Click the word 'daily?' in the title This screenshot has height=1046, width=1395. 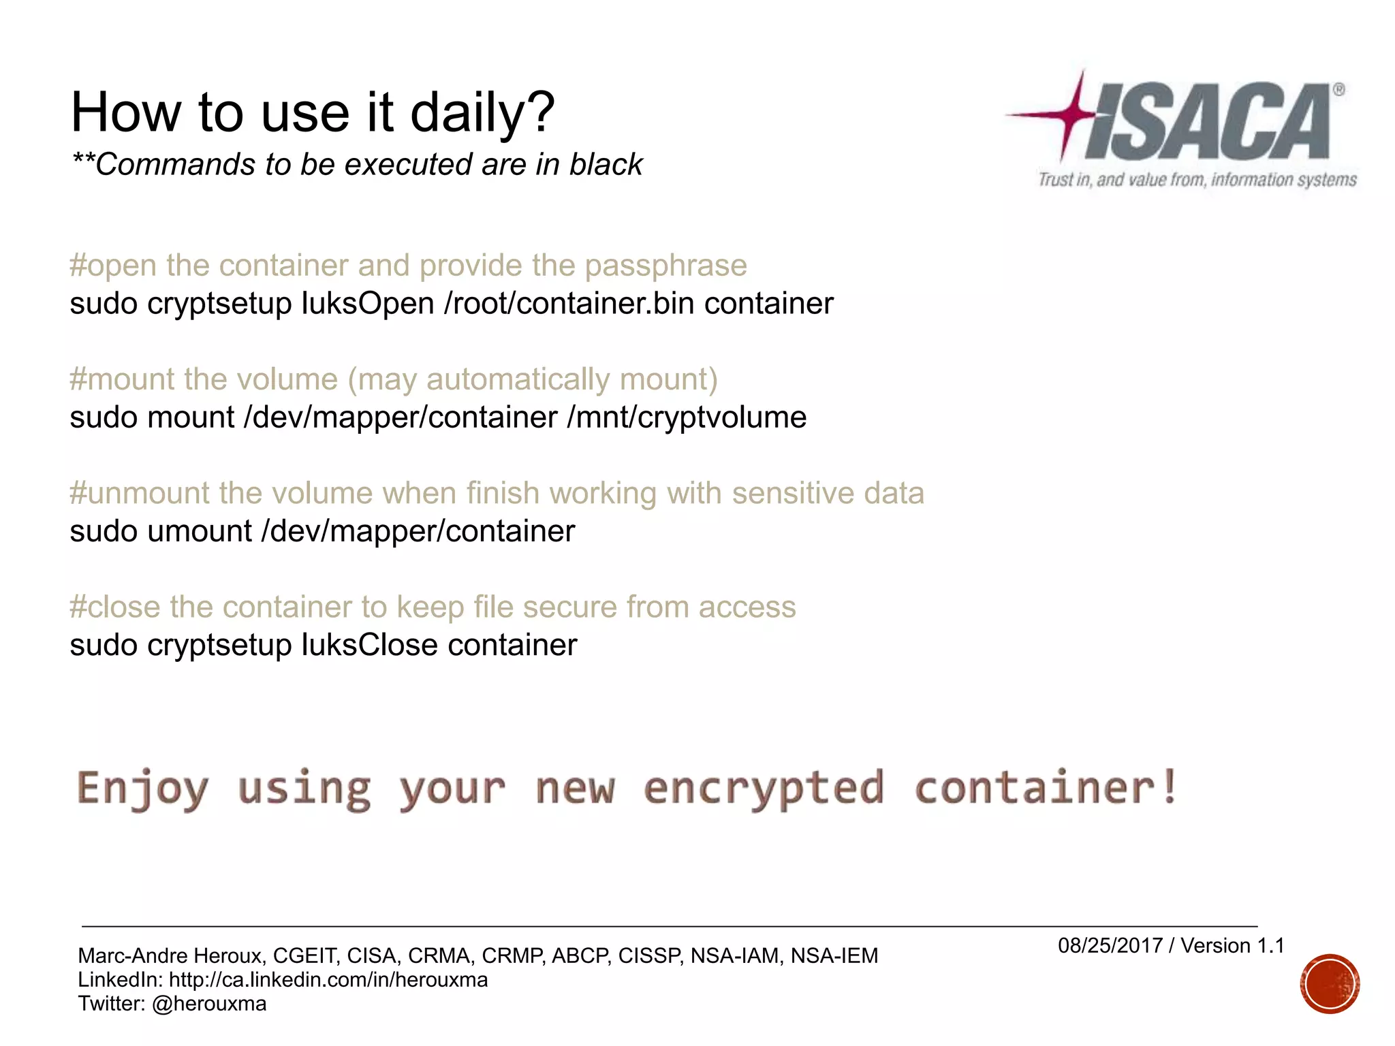tap(482, 112)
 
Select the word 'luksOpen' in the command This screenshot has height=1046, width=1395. tap(368, 304)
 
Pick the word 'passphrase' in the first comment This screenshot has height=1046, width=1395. tap(665, 266)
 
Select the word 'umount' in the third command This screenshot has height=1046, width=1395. tap(199, 532)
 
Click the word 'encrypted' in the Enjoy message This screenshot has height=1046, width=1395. tap(764, 788)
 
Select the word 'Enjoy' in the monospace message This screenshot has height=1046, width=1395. tap(142, 788)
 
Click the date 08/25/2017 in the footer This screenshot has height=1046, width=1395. tap(1110, 946)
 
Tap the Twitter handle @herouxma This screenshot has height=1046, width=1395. tap(209, 1004)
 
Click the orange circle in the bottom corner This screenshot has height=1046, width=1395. tap(1329, 984)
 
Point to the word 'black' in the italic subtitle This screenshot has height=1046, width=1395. tap(606, 165)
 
